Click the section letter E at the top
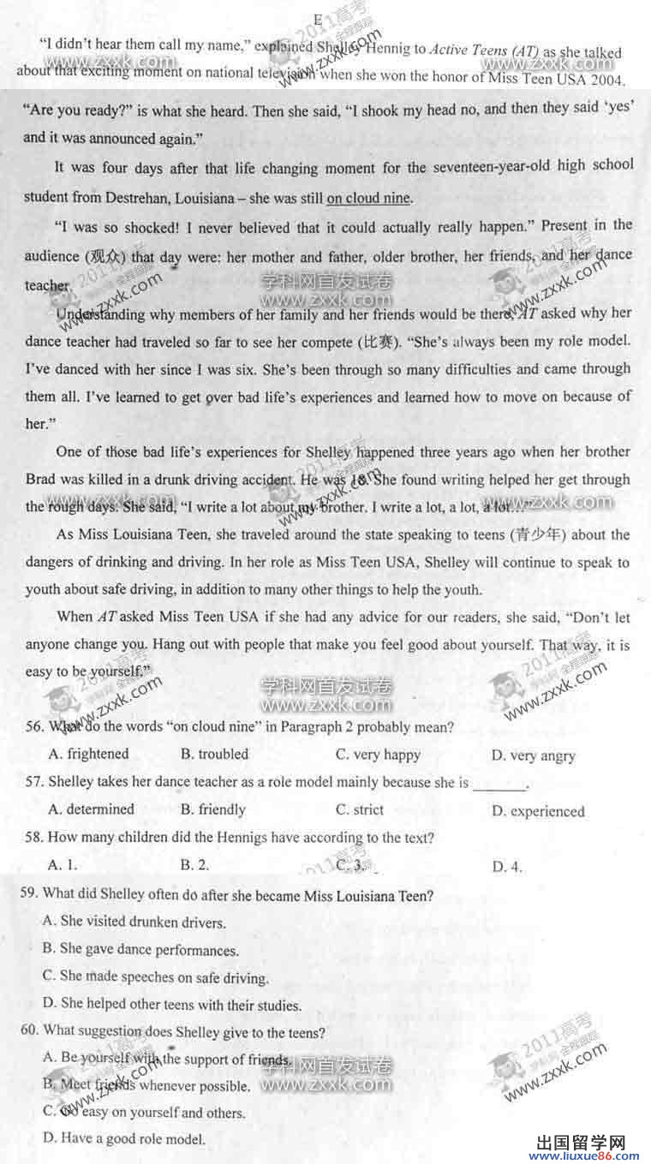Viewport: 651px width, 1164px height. [317, 18]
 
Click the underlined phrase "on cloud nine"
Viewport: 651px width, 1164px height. [368, 199]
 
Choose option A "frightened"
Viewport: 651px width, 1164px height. [89, 754]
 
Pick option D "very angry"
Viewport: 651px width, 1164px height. [533, 755]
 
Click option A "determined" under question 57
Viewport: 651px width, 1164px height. [92, 809]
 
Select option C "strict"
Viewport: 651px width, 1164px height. [360, 809]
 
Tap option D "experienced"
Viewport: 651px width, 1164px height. [538, 811]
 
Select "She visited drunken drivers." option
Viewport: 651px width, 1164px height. [134, 922]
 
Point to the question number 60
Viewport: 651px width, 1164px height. [29, 1031]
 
